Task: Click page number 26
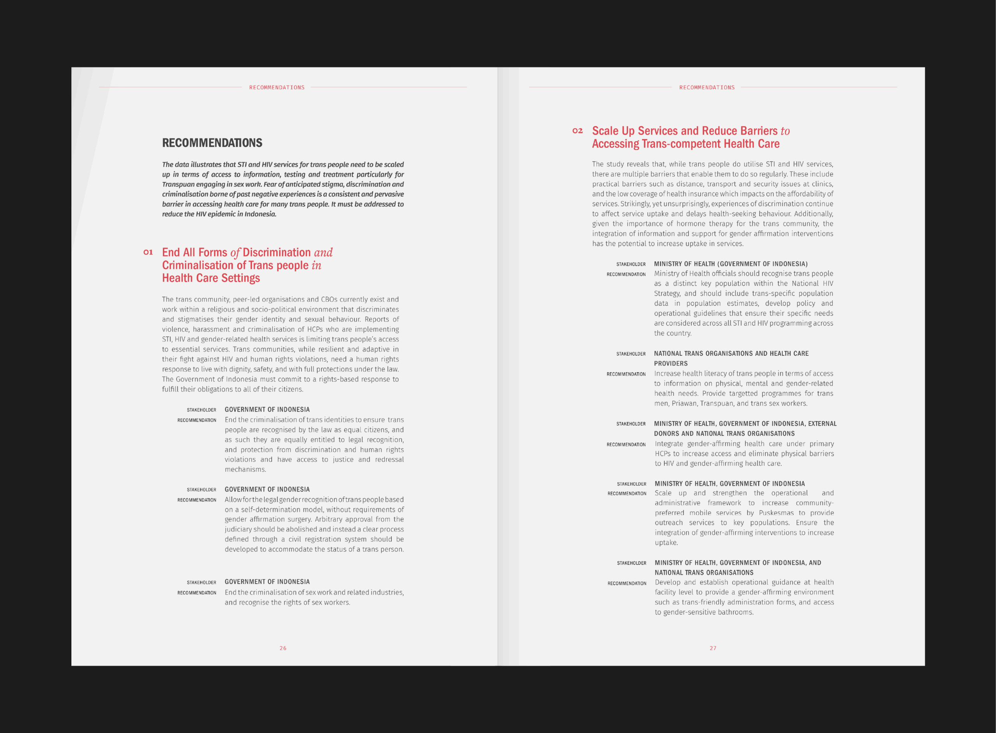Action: tap(283, 648)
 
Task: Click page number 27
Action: tap(713, 648)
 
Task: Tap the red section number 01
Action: tap(148, 252)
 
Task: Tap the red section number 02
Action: tap(577, 131)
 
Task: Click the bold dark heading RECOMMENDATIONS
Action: tap(212, 143)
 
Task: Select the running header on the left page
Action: tap(277, 87)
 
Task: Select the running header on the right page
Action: tap(707, 87)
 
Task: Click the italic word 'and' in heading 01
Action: tap(323, 253)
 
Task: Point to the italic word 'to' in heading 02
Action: tap(785, 131)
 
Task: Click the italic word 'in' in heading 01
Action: tap(316, 266)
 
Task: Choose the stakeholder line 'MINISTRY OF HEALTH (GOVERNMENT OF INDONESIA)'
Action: tap(731, 264)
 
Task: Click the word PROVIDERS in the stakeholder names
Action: tap(671, 364)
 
